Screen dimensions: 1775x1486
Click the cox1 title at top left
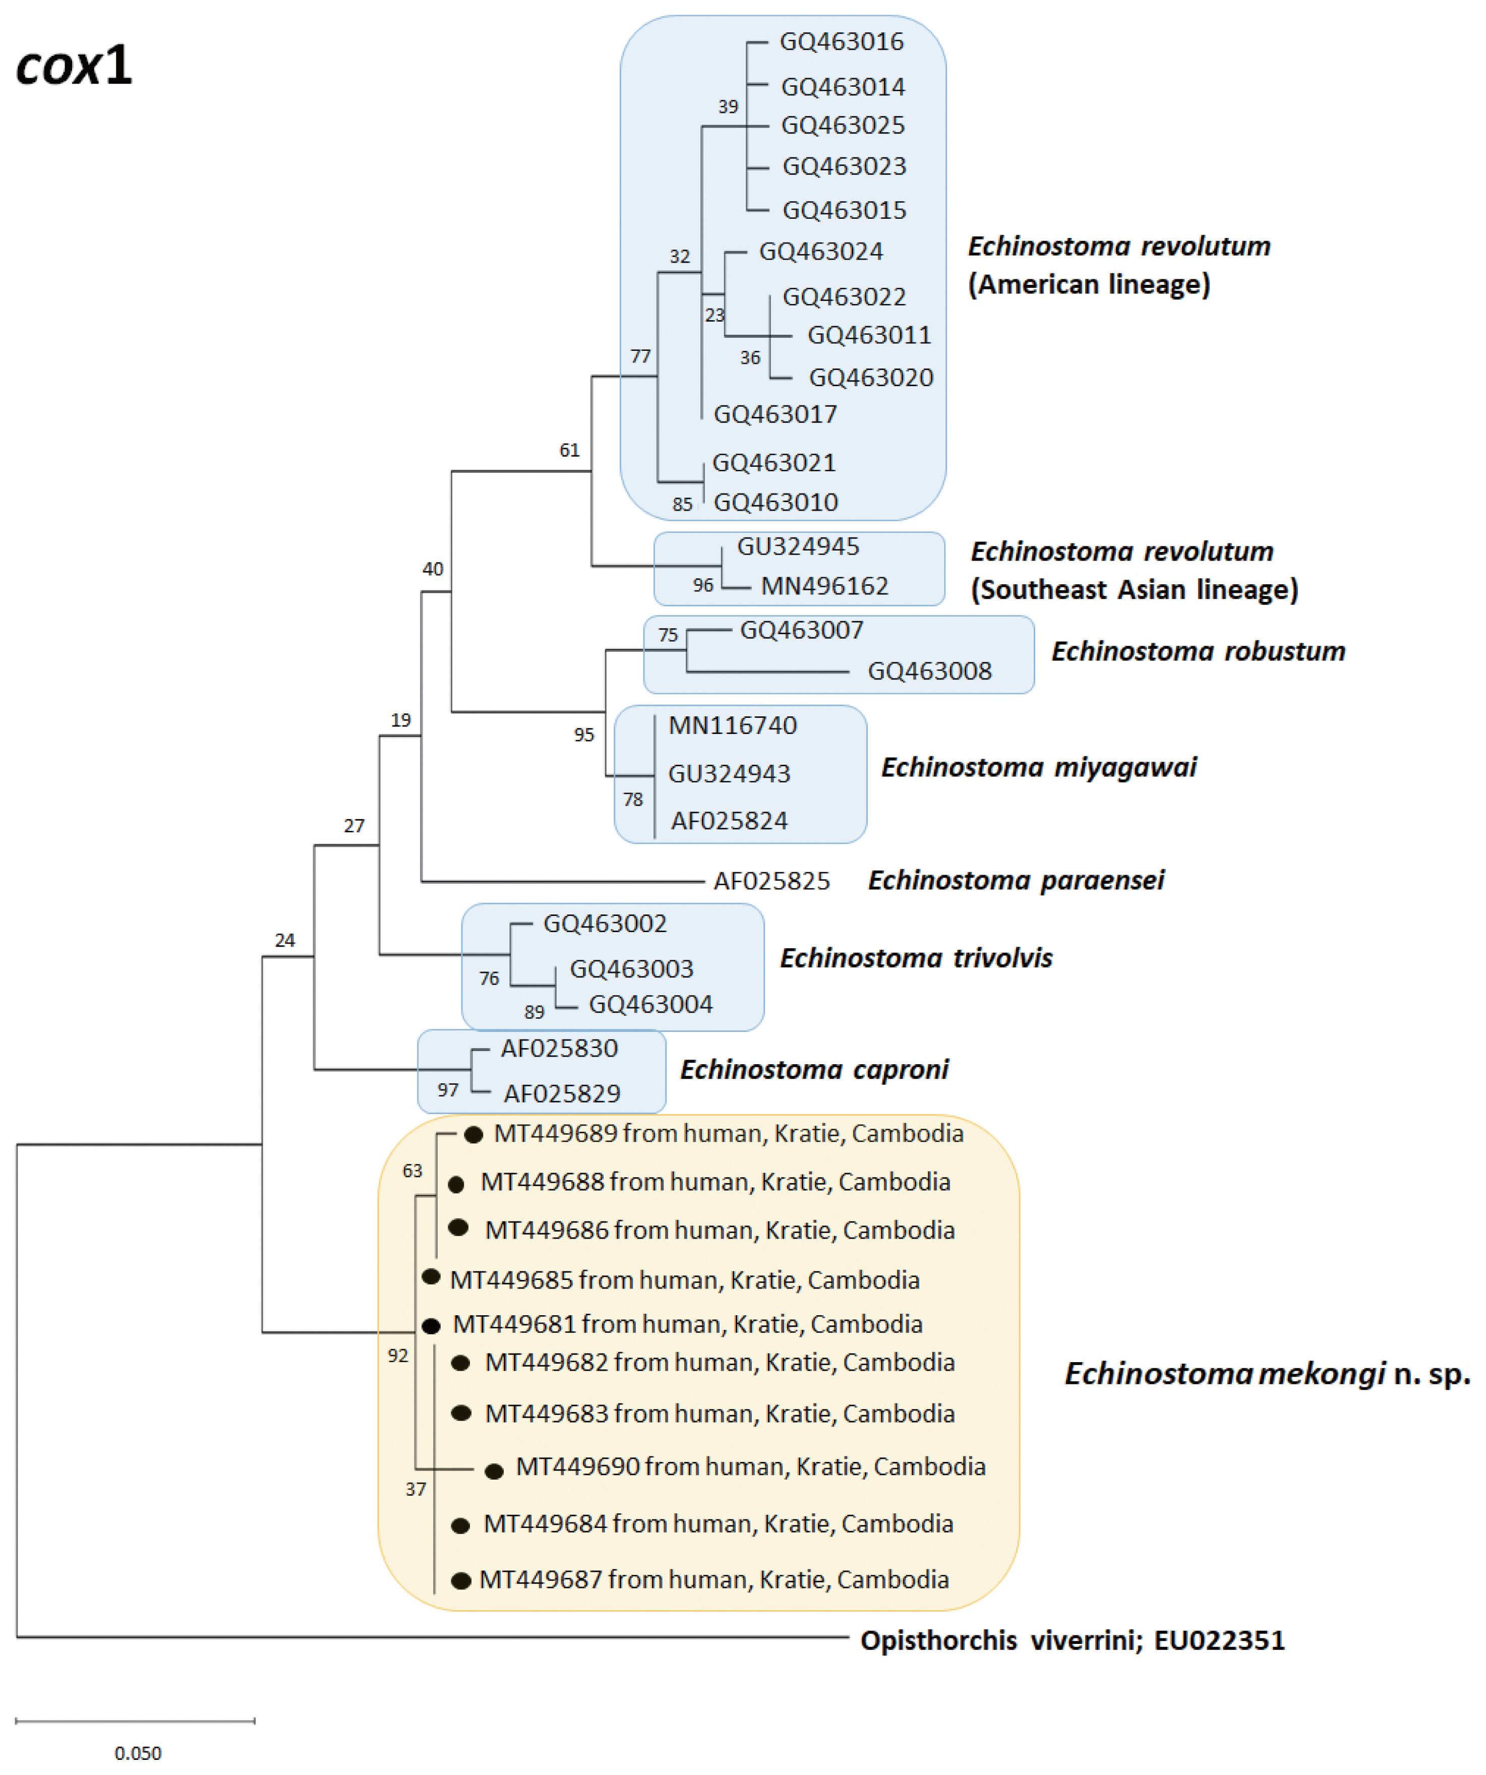(75, 66)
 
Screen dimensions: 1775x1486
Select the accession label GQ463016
(841, 41)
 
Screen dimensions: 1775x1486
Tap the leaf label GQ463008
(929, 671)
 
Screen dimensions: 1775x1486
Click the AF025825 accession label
(771, 881)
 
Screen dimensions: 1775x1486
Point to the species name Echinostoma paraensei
(1015, 880)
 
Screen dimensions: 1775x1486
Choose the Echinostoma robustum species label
(1198, 651)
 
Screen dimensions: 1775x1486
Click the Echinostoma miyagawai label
(1038, 767)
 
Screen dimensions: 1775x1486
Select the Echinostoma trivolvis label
(915, 958)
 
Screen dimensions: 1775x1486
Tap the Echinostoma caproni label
(814, 1069)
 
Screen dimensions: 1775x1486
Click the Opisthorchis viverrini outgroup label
(1072, 1640)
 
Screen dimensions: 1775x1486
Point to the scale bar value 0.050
(138, 1753)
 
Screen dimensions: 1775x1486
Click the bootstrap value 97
(447, 1089)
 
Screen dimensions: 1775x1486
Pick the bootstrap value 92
(397, 1355)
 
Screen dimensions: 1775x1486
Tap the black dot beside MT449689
(473, 1134)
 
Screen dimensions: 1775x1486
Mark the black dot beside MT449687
(461, 1580)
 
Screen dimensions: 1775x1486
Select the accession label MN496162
(824, 586)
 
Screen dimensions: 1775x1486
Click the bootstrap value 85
(682, 504)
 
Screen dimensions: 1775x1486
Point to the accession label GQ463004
(650, 1004)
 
